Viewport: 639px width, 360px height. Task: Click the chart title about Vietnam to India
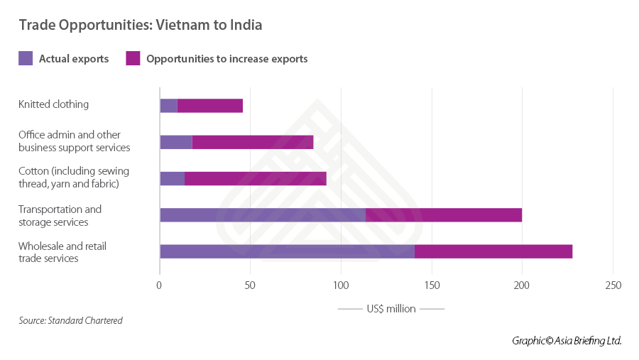pos(141,26)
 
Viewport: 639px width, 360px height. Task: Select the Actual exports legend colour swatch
pos(26,59)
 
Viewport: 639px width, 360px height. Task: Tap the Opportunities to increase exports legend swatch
pos(133,59)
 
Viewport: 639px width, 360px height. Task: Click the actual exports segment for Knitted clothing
pos(168,106)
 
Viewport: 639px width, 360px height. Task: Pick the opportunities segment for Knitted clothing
pos(210,106)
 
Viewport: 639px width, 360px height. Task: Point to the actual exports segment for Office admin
pos(176,141)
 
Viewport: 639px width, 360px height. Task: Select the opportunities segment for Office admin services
pos(253,141)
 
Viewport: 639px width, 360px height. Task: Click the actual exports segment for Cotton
pos(172,178)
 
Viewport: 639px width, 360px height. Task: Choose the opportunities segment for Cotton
pos(256,178)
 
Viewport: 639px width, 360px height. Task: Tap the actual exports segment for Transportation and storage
pos(263,215)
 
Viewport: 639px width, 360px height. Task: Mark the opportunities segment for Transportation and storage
pos(444,215)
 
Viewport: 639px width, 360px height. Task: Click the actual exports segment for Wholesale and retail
pos(287,251)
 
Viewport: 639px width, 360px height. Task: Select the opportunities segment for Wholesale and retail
pos(493,251)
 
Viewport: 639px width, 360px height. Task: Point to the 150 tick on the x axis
pos(432,285)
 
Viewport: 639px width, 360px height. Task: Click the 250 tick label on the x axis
pos(613,285)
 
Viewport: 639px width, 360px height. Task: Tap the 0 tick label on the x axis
pos(160,285)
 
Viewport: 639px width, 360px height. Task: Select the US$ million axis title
pos(391,309)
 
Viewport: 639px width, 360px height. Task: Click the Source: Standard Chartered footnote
pos(70,321)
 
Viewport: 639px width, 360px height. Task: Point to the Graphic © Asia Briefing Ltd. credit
pos(567,341)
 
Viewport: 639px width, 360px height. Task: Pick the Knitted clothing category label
pos(53,104)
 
